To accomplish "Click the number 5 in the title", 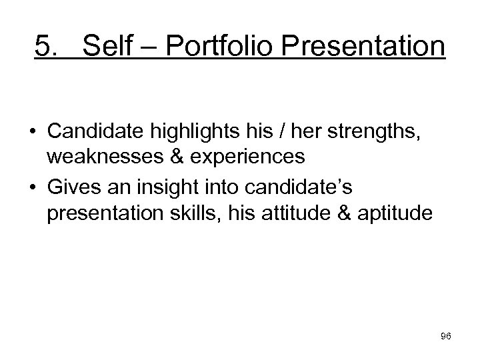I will (x=43, y=47).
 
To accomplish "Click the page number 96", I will (x=445, y=337).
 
